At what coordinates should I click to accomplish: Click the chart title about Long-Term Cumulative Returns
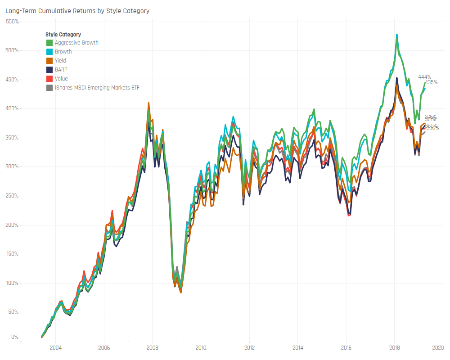77,11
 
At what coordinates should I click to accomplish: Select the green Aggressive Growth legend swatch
49,43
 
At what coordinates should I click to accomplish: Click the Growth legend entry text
63,52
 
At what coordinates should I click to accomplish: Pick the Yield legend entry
60,61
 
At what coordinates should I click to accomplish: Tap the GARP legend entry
61,70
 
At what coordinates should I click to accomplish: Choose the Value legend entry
61,79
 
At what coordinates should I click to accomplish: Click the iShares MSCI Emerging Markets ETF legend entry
97,88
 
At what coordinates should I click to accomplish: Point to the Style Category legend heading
63,35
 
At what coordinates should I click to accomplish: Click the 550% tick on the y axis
12,22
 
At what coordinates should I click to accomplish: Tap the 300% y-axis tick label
12,166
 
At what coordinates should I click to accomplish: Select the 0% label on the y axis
15,337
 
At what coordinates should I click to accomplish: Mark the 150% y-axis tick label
12,254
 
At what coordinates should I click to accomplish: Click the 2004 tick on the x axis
55,348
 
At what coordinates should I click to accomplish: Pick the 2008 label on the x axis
153,348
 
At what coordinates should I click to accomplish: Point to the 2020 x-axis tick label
438,348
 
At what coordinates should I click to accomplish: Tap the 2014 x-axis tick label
298,348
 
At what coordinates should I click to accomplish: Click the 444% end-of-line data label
424,77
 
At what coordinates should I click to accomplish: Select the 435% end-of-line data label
431,82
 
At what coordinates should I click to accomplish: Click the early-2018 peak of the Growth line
396,34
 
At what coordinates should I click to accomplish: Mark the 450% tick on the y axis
12,80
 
